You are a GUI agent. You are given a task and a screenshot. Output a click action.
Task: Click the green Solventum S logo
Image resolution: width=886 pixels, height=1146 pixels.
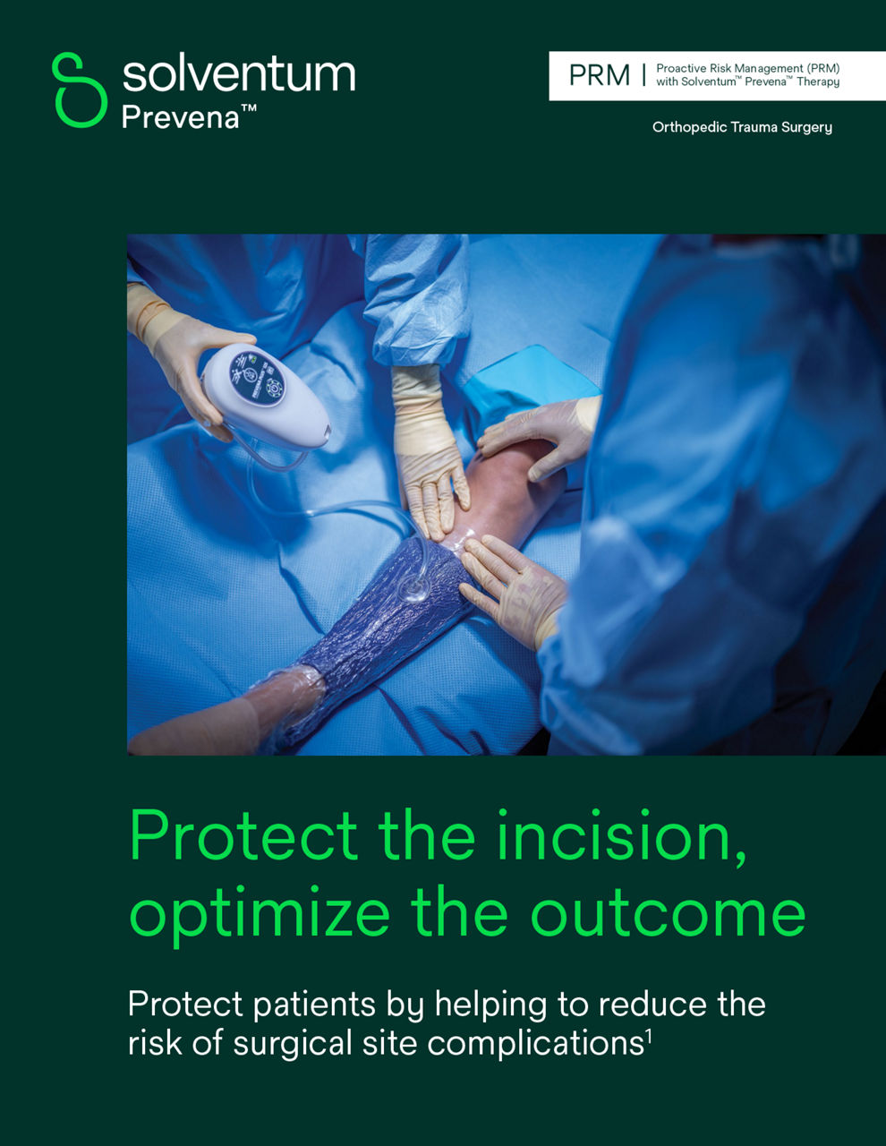[80, 89]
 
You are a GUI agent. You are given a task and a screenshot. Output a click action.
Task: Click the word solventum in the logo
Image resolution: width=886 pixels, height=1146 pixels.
[238, 73]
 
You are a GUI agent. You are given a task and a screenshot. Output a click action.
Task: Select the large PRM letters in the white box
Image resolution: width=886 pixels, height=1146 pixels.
[599, 75]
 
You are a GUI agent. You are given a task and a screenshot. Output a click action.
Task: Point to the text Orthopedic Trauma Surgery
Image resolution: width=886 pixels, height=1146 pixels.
[742, 127]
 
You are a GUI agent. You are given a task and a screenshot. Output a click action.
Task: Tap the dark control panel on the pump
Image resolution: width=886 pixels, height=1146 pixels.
[256, 378]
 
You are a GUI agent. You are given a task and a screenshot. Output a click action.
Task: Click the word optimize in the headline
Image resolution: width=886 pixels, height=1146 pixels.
[260, 913]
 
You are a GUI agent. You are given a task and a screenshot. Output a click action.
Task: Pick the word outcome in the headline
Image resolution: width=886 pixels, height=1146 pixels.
[668, 913]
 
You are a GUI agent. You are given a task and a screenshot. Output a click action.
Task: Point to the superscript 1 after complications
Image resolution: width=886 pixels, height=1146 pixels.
[648, 1037]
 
